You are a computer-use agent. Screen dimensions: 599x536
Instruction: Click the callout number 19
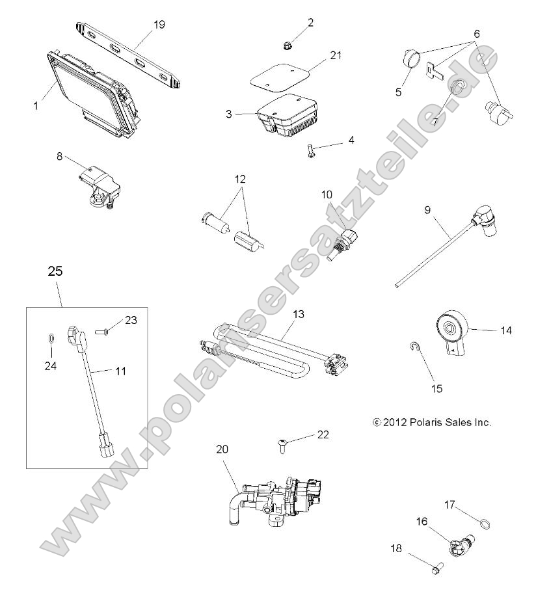click(159, 25)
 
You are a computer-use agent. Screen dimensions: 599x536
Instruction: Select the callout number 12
click(241, 178)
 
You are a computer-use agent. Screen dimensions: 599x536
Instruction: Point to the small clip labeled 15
click(415, 347)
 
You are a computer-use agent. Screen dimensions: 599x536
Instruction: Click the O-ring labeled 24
click(51, 340)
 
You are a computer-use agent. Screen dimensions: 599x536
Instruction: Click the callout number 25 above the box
click(55, 272)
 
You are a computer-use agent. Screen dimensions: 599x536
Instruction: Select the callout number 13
click(298, 314)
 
